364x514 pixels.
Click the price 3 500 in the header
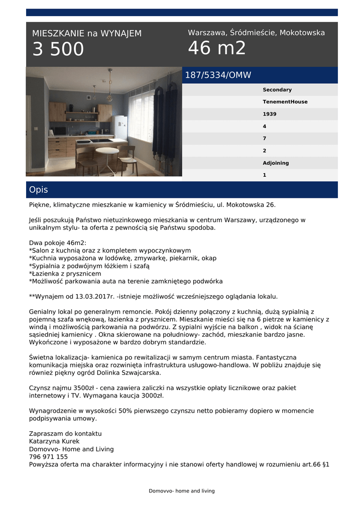pyautogui.click(x=58, y=50)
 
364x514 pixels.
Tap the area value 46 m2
pyautogui.click(x=217, y=48)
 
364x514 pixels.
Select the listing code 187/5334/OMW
pyautogui.click(x=218, y=75)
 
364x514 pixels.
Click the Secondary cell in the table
pyautogui.click(x=277, y=90)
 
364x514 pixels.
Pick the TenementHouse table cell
pyautogui.click(x=285, y=102)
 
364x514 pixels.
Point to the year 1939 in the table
pyautogui.click(x=269, y=114)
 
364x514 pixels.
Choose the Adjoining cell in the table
pyautogui.click(x=276, y=163)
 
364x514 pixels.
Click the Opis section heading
pyautogui.click(x=39, y=190)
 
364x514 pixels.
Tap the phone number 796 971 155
pyautogui.click(x=48, y=457)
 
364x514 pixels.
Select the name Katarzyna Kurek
pyautogui.click(x=54, y=441)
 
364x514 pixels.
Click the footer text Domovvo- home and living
pyautogui.click(x=182, y=491)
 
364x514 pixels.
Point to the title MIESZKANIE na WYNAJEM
pyautogui.click(x=87, y=34)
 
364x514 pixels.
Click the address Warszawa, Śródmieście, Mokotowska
pyautogui.click(x=256, y=33)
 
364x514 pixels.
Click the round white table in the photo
pyautogui.click(x=107, y=151)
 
